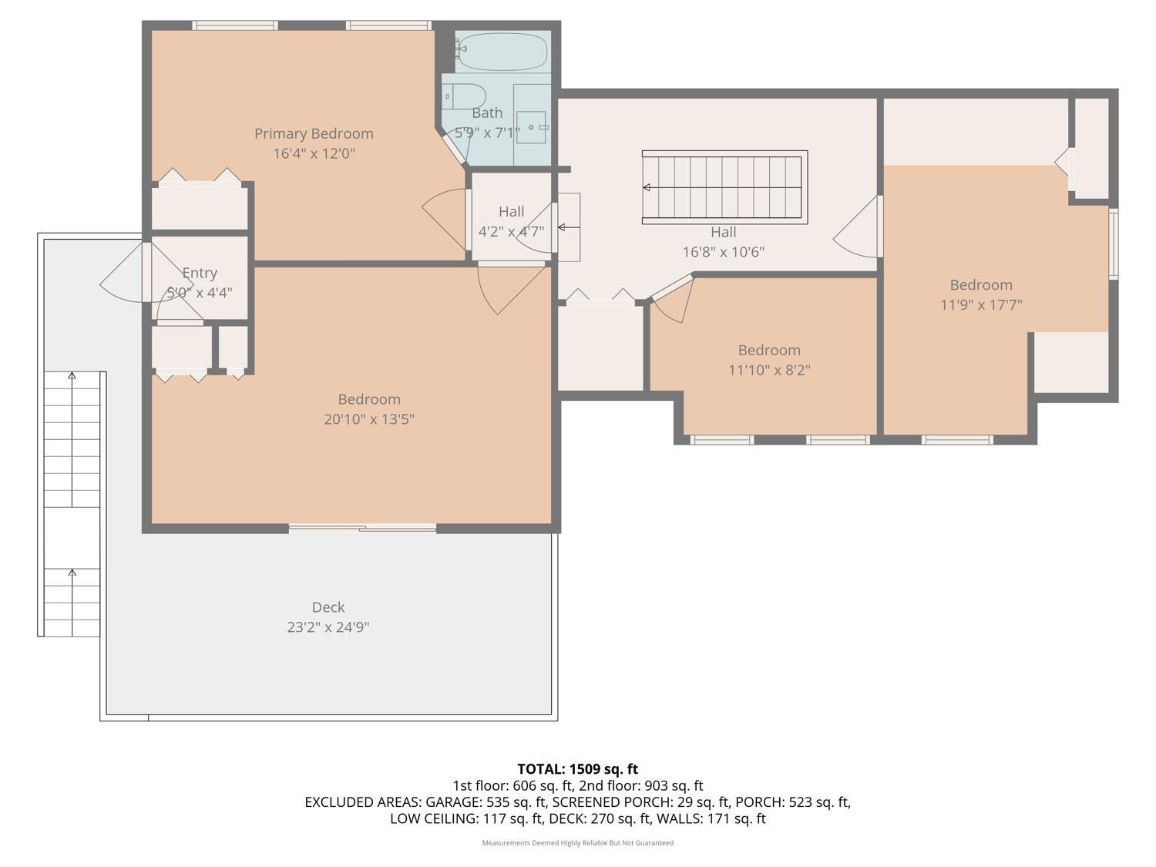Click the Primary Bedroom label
tap(314, 133)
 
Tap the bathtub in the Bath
tap(501, 52)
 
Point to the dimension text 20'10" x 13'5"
tap(369, 419)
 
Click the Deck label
tap(328, 607)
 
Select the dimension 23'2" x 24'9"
tap(328, 627)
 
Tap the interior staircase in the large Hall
tap(724, 187)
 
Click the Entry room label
tap(200, 273)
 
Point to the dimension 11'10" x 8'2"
tap(769, 370)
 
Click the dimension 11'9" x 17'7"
tap(981, 304)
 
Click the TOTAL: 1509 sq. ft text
tap(577, 769)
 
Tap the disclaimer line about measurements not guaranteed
tap(577, 843)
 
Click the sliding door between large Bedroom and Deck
tap(362, 528)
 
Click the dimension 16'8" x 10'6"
tap(723, 252)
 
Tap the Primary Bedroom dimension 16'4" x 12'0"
tap(314, 153)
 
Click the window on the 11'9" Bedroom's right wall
tap(1113, 243)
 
